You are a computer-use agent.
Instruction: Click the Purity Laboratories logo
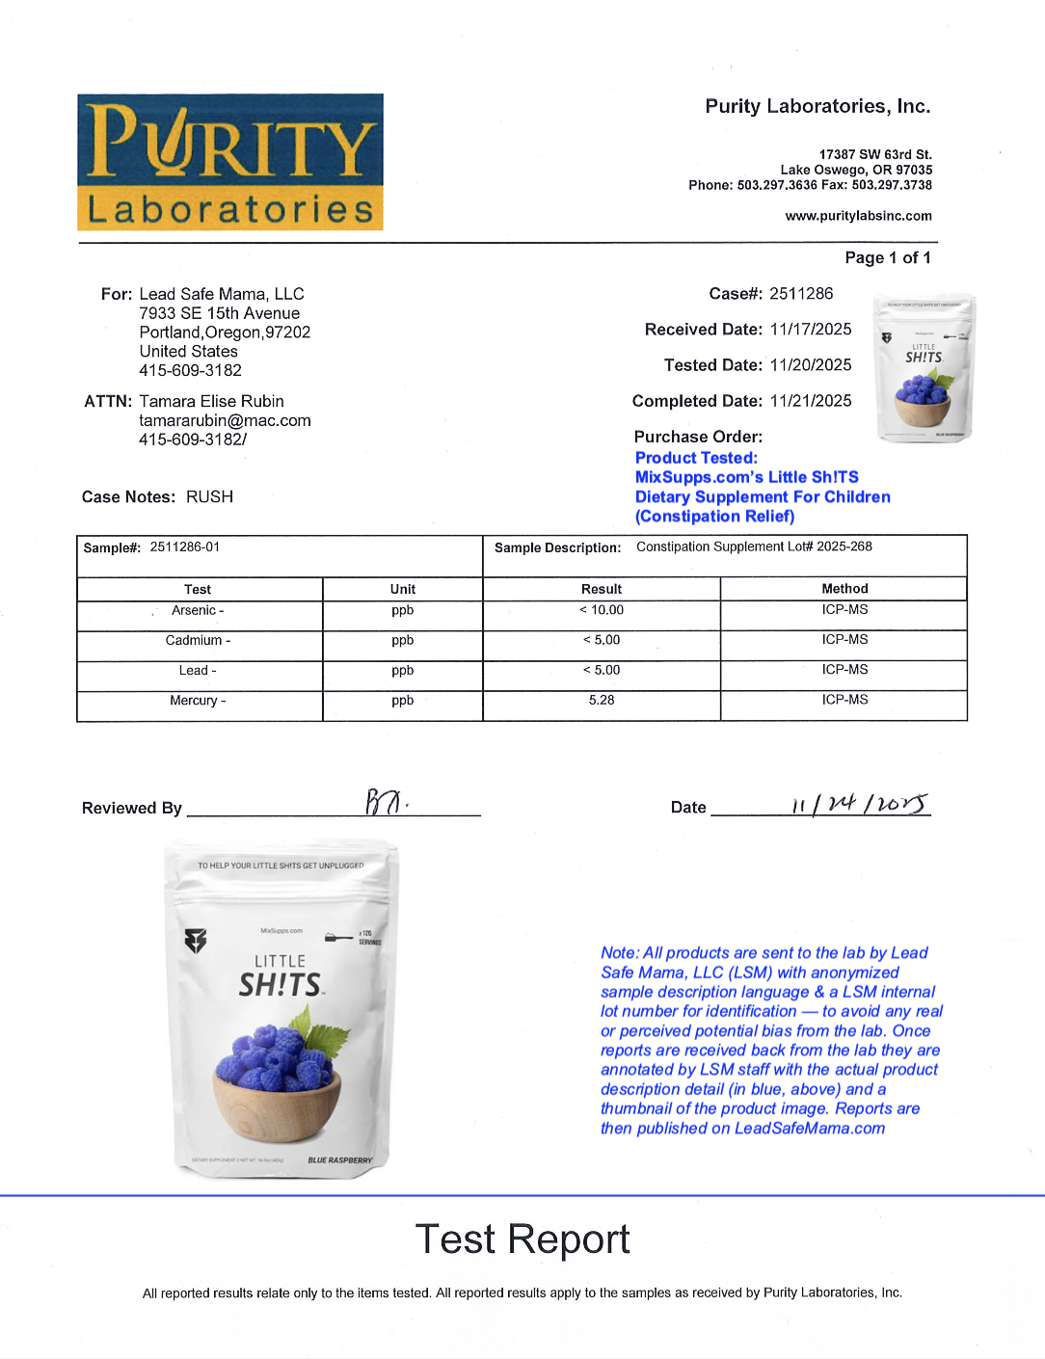[230, 162]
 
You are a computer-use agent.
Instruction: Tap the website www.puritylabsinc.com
[858, 216]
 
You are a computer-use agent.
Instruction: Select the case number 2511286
[801, 294]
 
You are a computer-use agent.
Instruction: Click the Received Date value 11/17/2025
[811, 330]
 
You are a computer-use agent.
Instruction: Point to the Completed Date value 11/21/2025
[811, 401]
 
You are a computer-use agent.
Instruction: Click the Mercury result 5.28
[602, 701]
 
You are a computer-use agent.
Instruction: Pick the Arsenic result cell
[602, 610]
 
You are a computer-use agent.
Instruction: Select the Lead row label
[198, 671]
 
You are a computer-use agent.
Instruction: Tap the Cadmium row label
[198, 641]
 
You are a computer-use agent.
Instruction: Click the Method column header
[844, 589]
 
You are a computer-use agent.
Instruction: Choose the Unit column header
[403, 590]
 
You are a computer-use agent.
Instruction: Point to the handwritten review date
[860, 805]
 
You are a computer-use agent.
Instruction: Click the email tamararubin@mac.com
[225, 421]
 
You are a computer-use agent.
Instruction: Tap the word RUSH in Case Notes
[209, 497]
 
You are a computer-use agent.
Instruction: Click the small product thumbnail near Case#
[924, 367]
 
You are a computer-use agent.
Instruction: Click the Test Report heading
[522, 1239]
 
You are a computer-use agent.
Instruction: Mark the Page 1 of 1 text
[888, 258]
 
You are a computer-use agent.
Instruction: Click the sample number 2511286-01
[185, 547]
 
